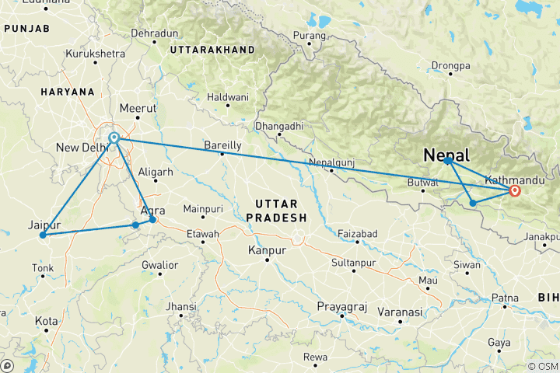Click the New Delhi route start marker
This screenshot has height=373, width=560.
114,138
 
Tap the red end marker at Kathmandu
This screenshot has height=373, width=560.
514,190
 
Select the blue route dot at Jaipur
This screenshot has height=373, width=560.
43,235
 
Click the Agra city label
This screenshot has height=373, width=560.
152,211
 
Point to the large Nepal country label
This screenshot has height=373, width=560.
446,155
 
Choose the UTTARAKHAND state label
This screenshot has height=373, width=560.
212,49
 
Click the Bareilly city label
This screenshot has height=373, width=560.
222,145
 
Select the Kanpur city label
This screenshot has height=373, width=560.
266,250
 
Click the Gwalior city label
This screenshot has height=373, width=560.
160,265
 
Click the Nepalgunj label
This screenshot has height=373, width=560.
332,162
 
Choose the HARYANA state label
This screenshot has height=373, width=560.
68,92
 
